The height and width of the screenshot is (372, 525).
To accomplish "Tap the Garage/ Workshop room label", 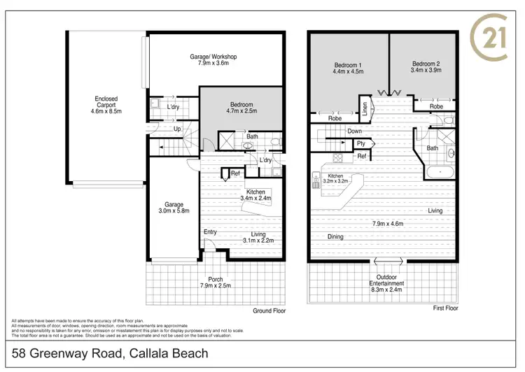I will coord(213,61).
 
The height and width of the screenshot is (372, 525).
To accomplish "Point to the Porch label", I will coord(216,282).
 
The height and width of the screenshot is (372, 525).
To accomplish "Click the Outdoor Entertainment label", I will coord(386,287).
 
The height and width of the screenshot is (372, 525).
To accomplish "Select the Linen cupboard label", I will coord(365,108).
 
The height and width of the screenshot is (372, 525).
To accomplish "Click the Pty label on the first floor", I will coord(361,143).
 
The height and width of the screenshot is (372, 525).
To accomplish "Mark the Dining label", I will coord(335,236).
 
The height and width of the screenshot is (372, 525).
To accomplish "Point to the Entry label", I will coord(210,231).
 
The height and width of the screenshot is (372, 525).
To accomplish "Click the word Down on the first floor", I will coord(354,131).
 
